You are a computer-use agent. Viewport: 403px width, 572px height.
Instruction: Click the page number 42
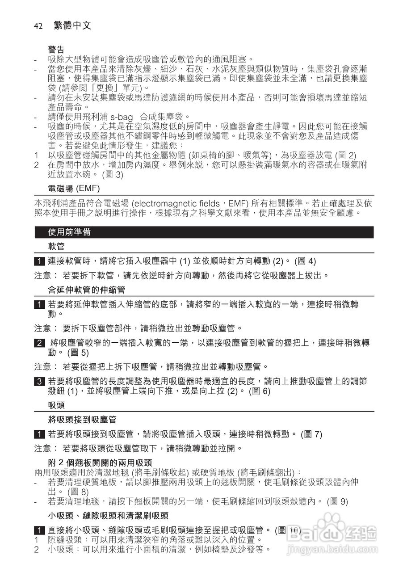pos(38,26)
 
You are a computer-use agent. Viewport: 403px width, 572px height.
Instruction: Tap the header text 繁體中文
pos(72,26)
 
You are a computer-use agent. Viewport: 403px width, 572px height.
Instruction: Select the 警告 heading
pos(56,50)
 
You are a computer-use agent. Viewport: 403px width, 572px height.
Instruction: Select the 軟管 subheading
pos(56,246)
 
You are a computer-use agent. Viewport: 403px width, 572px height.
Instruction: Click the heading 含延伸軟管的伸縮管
pos(87,290)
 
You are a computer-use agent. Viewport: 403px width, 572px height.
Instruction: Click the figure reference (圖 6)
pos(260,391)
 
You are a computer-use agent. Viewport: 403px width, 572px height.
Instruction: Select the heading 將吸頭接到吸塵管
pos(82,419)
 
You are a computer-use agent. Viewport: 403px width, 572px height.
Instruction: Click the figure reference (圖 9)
pos(337,501)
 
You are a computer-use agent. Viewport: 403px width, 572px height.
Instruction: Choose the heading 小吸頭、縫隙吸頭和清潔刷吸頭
pos(108,516)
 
